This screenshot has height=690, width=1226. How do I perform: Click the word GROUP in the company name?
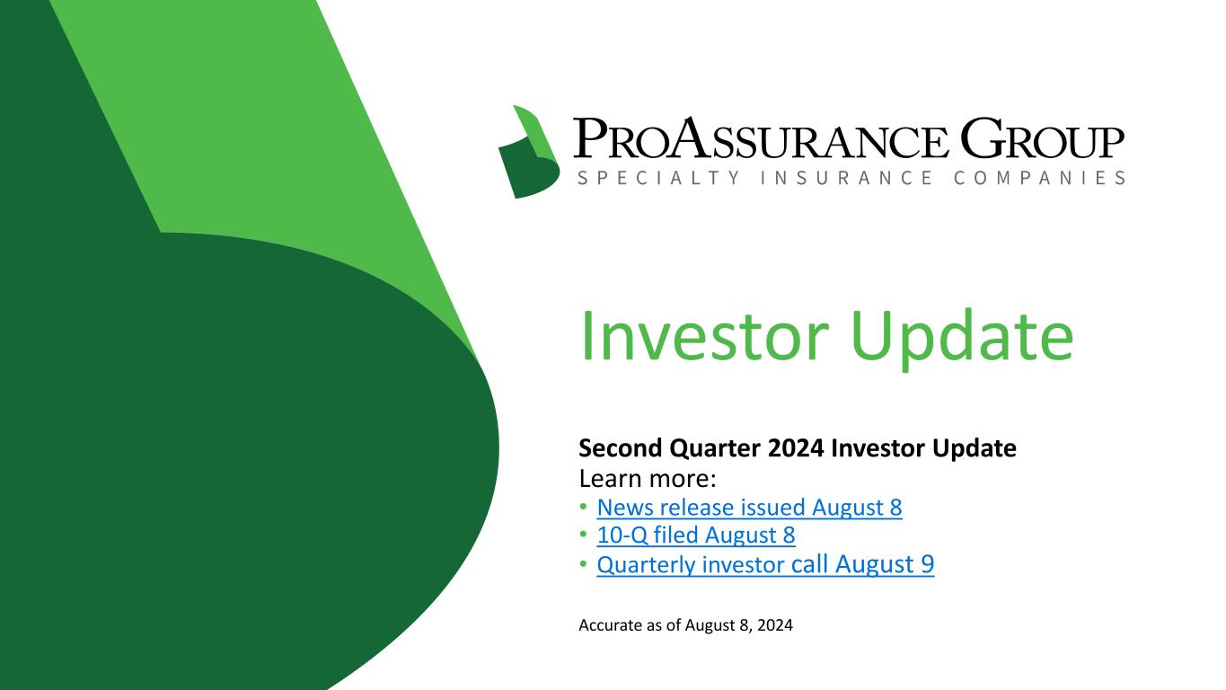coord(1042,137)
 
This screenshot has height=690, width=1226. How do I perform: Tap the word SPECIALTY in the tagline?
coord(659,178)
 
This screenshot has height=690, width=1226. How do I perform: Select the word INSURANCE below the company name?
coord(847,178)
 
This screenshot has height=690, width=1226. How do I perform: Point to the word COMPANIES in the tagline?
coord(1039,178)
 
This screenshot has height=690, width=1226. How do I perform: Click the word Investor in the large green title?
coord(704,335)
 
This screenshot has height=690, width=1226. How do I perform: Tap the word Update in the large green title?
coord(962,340)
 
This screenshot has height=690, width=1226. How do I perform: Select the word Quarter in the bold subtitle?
coord(715,448)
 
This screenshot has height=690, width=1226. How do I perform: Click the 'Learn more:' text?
coord(648,479)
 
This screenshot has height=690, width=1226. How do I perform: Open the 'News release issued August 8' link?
coord(749,508)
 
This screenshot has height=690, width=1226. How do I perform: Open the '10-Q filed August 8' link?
coord(696,535)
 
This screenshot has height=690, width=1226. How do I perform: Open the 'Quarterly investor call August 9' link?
coord(765,564)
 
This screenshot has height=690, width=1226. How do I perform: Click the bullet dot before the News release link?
coord(584,507)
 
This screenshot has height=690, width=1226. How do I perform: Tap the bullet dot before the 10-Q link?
coord(584,535)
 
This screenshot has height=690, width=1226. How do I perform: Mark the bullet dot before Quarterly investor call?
coord(584,563)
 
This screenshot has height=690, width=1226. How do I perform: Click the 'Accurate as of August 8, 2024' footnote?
coord(686,625)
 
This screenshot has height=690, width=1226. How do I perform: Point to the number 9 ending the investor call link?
coord(927,564)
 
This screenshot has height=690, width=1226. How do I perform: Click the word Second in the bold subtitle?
coord(621,448)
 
